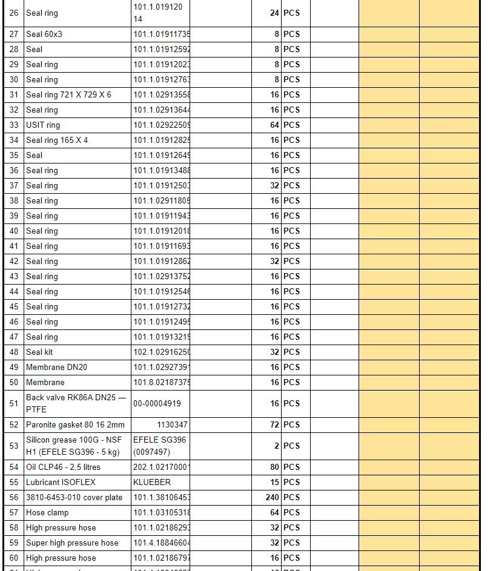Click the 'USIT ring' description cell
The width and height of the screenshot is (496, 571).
43,125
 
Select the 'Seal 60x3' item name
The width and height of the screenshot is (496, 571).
44,35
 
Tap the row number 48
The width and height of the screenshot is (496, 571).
14,352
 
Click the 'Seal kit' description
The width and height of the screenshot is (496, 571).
39,352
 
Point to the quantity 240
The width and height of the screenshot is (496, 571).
273,498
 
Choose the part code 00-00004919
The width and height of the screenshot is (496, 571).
157,404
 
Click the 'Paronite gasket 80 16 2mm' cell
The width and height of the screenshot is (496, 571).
75,425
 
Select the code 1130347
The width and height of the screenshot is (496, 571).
172,425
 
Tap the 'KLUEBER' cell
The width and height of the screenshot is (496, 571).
152,483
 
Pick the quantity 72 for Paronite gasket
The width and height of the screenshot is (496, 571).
274,425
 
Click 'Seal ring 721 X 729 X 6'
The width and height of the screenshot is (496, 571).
68,95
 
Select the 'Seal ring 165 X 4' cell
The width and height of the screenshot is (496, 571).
57,140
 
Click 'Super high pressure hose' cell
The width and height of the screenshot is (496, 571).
72,543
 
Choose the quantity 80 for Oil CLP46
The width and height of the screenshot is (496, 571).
274,467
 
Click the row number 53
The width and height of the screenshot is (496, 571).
14,446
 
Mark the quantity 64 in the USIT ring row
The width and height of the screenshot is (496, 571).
274,125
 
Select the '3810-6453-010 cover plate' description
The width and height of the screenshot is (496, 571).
74,498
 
